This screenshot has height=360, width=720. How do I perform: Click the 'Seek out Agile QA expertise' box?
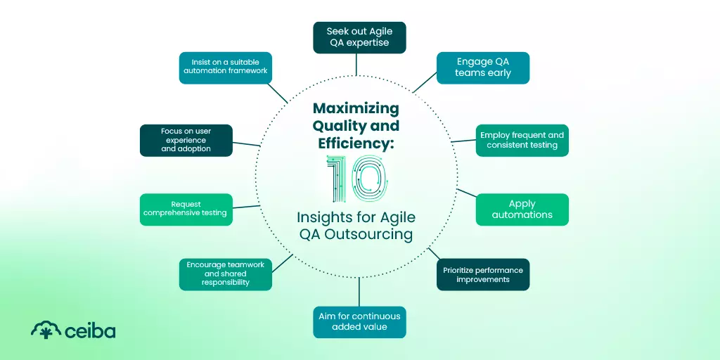click(x=359, y=37)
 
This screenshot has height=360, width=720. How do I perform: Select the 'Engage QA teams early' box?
click(x=482, y=67)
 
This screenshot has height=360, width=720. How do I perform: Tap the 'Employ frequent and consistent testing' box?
click(x=522, y=140)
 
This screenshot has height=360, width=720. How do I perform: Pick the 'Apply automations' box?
click(x=522, y=210)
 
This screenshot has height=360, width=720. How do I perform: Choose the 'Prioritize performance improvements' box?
click(x=482, y=275)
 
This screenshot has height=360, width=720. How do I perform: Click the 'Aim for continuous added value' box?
click(x=359, y=321)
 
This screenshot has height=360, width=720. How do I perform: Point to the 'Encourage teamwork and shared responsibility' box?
click(x=225, y=274)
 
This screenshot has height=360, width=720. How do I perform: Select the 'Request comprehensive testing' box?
click(x=186, y=209)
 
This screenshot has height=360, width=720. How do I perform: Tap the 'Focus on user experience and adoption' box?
click(x=186, y=140)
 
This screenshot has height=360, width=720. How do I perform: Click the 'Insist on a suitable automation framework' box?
click(x=225, y=67)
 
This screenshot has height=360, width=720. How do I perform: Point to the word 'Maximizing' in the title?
click(x=356, y=109)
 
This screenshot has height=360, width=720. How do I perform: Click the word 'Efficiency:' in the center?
click(x=355, y=143)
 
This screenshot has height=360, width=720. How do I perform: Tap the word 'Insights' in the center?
click(x=326, y=217)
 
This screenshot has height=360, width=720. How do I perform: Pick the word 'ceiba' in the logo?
click(x=90, y=330)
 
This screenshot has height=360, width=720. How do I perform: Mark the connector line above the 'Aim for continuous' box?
click(x=359, y=291)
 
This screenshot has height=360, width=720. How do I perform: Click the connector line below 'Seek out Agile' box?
click(x=356, y=65)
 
